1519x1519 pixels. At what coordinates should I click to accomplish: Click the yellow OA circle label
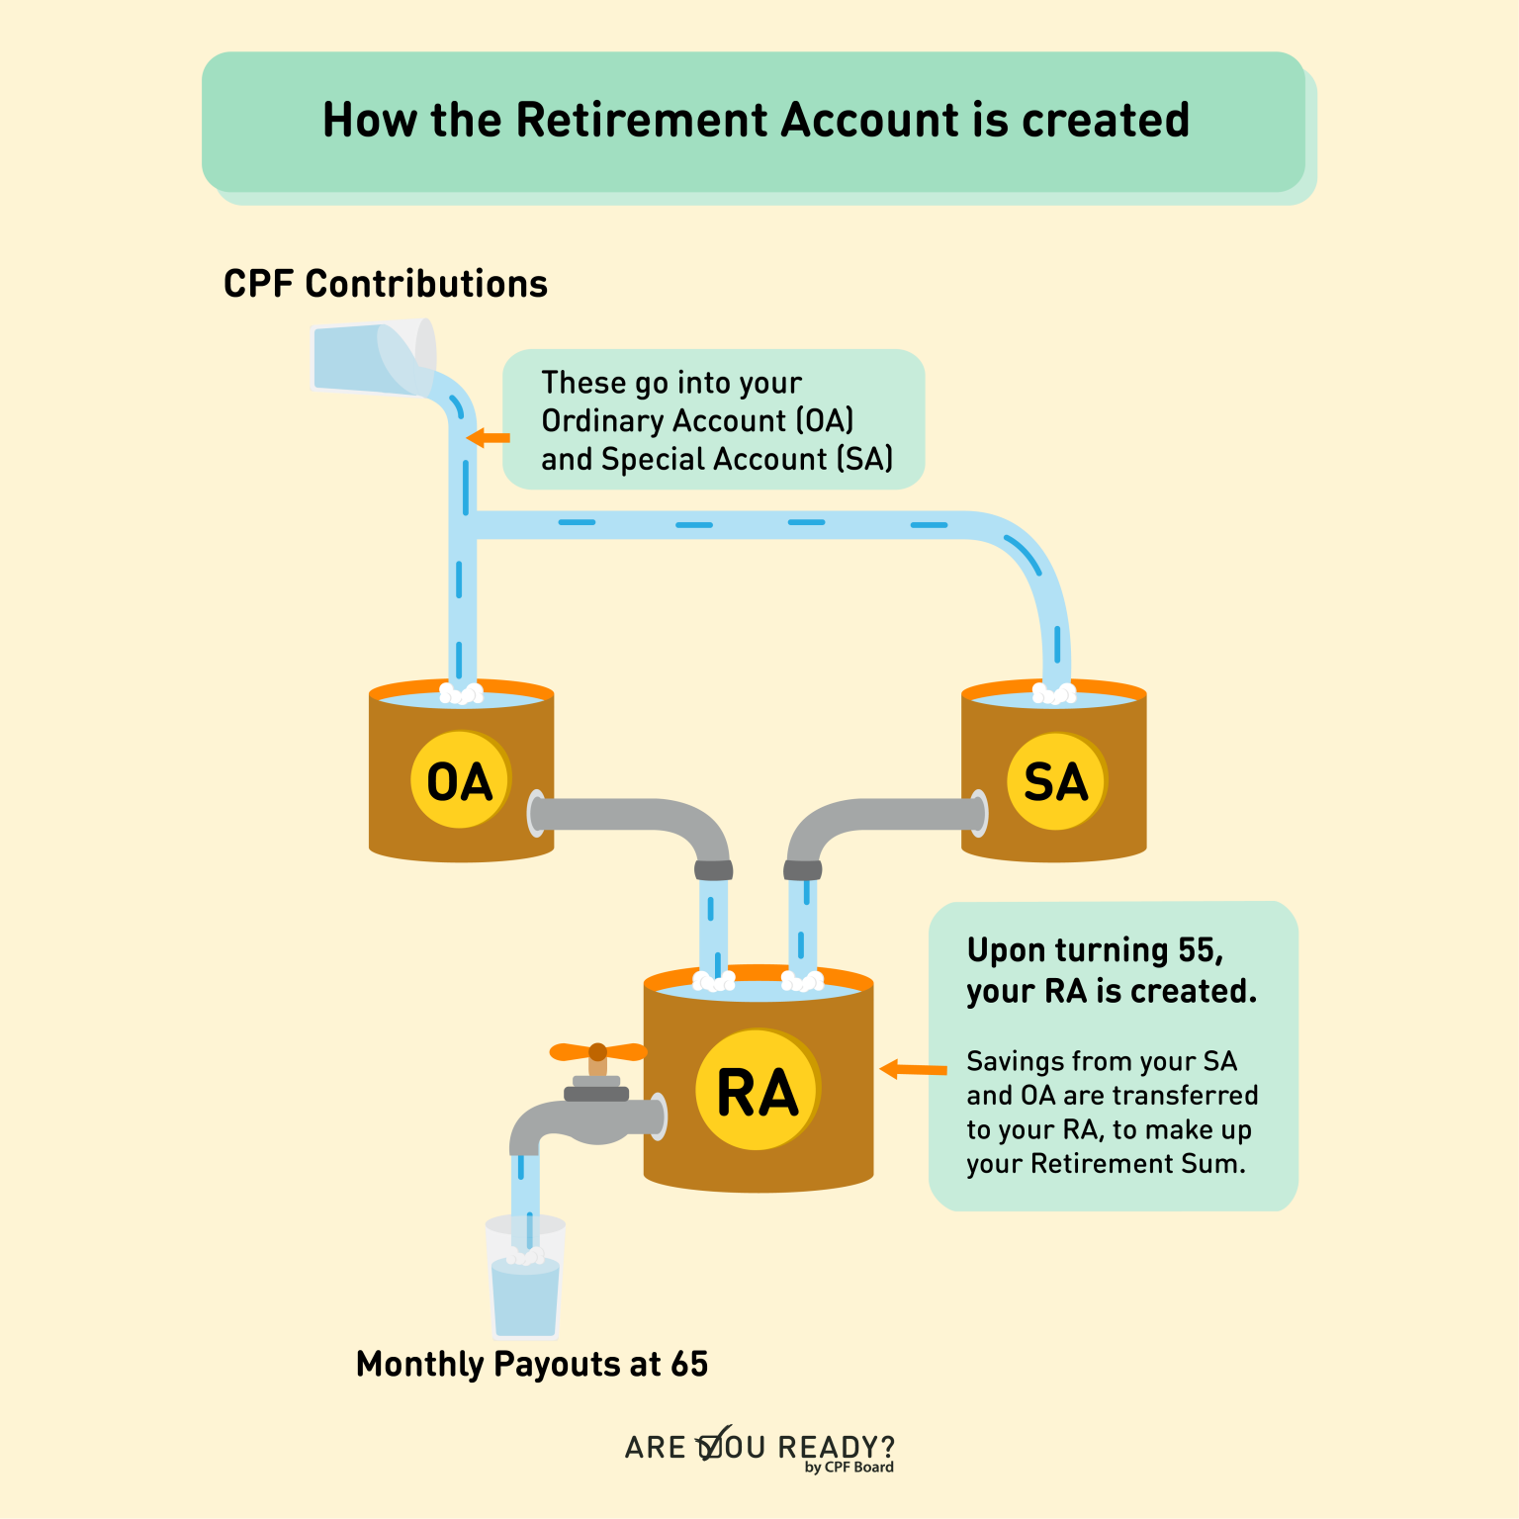pyautogui.click(x=460, y=780)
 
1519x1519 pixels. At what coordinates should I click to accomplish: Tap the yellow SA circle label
pyautogui.click(x=1055, y=780)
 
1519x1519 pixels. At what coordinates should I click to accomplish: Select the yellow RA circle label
pyautogui.click(x=758, y=1091)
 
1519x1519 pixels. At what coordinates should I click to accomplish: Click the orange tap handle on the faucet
pyautogui.click(x=597, y=1051)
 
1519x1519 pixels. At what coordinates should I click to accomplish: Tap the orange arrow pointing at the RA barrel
pyautogui.click(x=912, y=1069)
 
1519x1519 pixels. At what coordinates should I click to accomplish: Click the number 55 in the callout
pyautogui.click(x=1198, y=949)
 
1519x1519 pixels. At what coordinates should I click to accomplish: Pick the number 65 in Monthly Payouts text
pyautogui.click(x=689, y=1364)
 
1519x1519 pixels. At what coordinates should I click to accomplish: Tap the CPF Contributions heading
pyautogui.click(x=385, y=284)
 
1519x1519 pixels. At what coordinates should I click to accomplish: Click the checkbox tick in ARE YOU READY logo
pyautogui.click(x=714, y=1445)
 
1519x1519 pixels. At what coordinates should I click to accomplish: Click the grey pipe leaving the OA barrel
pyautogui.click(x=633, y=815)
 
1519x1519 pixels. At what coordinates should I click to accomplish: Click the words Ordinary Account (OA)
pyautogui.click(x=696, y=420)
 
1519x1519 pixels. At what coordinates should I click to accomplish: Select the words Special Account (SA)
pyautogui.click(x=747, y=459)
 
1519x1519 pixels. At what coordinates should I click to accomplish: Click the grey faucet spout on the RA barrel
pyautogui.click(x=583, y=1120)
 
